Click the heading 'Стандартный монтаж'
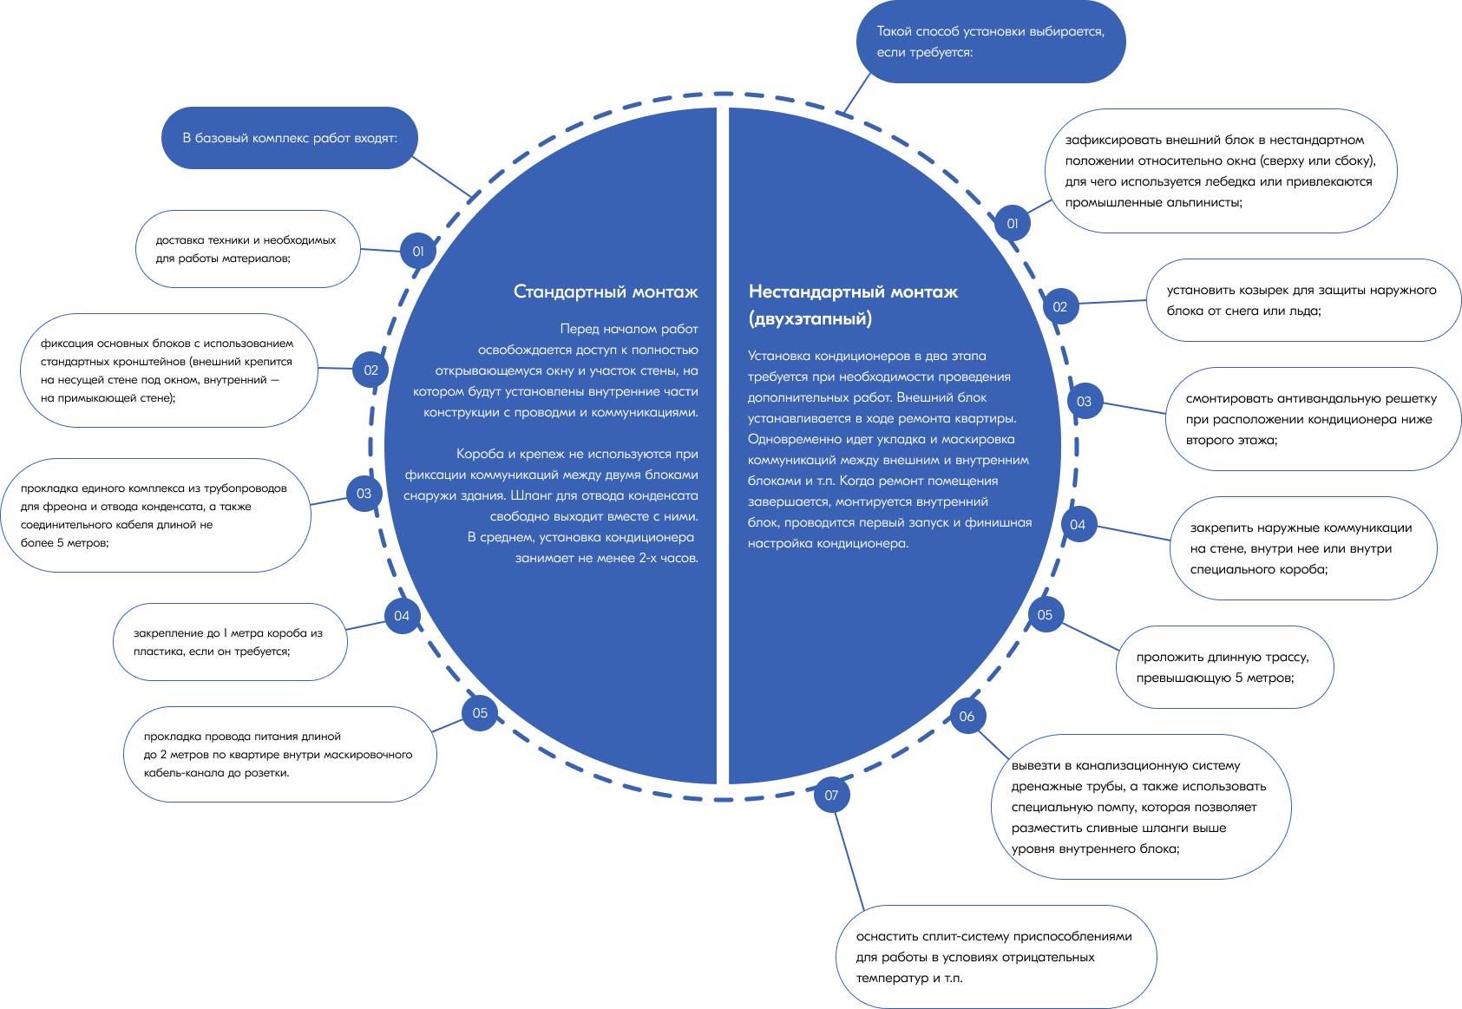605,292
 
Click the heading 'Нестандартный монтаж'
853,292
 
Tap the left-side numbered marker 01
418,252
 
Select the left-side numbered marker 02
370,370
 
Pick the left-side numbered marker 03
364,494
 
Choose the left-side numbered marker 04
402,616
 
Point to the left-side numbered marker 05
480,713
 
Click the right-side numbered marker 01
1012,224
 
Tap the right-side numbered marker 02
1059,307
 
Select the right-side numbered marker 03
1084,402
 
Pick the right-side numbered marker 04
1078,525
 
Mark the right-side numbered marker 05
1045,615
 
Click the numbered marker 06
967,717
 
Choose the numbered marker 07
831,796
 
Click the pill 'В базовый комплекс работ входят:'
290,138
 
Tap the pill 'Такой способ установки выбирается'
990,42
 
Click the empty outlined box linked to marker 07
996,956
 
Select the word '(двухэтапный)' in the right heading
810,318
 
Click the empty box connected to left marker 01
248,249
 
